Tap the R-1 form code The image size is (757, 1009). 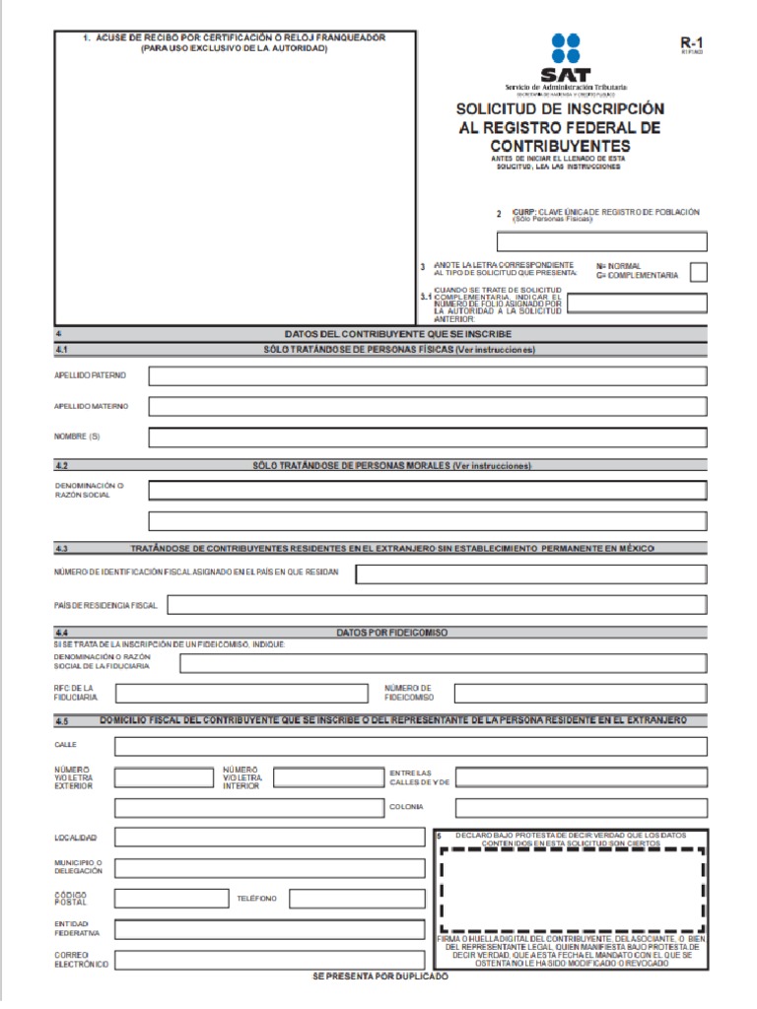pyautogui.click(x=693, y=43)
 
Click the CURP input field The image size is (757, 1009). pyautogui.click(x=601, y=241)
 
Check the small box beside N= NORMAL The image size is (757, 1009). pyautogui.click(x=698, y=272)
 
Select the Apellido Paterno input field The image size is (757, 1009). pyautogui.click(x=427, y=376)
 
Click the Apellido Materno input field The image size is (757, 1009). pyautogui.click(x=427, y=407)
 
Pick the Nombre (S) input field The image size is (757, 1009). pyautogui.click(x=427, y=437)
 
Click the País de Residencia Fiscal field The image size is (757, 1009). pyautogui.click(x=438, y=605)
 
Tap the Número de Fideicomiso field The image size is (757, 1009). pyautogui.click(x=580, y=693)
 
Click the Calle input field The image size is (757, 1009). pyautogui.click(x=410, y=746)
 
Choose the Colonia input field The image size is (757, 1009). pyautogui.click(x=581, y=808)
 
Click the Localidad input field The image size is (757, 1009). pyautogui.click(x=269, y=838)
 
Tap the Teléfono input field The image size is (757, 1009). pyautogui.click(x=357, y=899)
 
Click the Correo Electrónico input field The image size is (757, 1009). pyautogui.click(x=269, y=960)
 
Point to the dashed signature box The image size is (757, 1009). pyautogui.click(x=573, y=890)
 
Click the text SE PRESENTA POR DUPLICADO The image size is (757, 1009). pyautogui.click(x=379, y=976)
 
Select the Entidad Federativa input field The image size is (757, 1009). pyautogui.click(x=269, y=929)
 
